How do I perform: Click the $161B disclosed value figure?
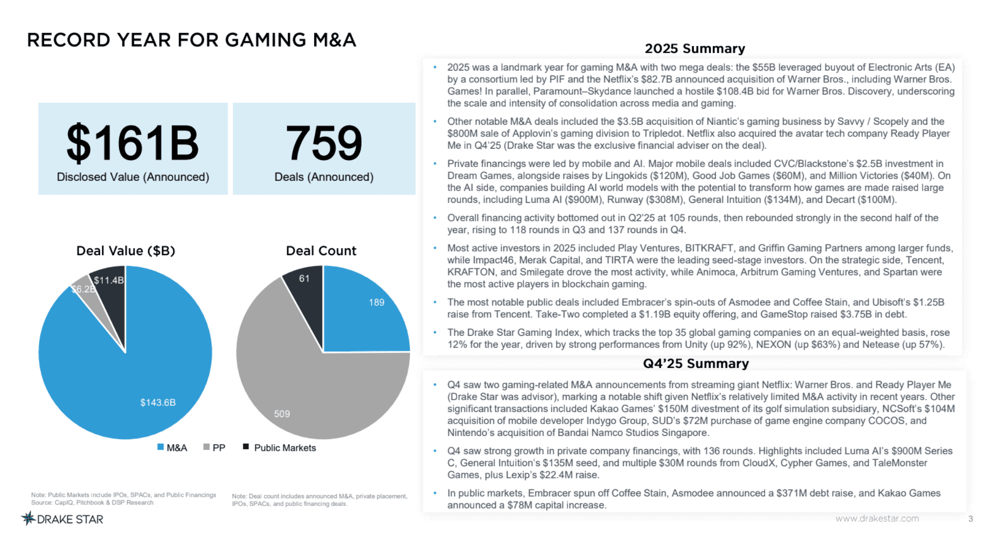coord(132,143)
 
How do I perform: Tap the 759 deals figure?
coord(324,143)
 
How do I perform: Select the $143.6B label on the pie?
coord(158,403)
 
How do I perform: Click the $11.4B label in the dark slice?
coord(109,280)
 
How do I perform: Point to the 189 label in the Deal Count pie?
coord(377,303)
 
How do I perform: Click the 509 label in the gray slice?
coord(282,414)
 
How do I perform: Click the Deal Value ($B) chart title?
coord(126,251)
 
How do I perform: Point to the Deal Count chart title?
coord(321,251)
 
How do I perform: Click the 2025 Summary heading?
coord(695,49)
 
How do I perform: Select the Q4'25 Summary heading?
coord(695,363)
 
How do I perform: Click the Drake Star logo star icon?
coord(28,519)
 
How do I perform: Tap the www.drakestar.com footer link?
coord(877,518)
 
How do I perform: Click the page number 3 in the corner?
coord(970,519)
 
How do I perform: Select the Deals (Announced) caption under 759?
coord(324,177)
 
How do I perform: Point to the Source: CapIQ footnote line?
coord(92,503)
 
